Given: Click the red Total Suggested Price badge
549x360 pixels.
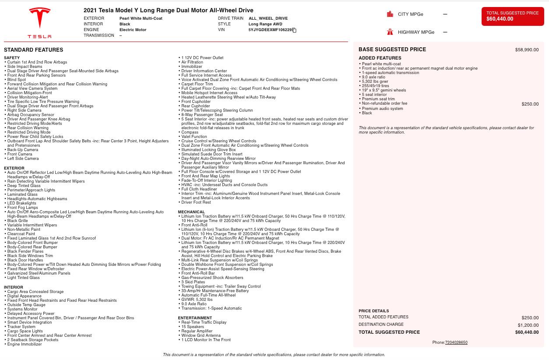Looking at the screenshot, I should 512,16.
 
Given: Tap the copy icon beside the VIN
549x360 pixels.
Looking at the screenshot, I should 295,30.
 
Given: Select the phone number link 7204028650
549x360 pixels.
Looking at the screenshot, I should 456,342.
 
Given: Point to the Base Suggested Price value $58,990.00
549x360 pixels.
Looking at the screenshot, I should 527,50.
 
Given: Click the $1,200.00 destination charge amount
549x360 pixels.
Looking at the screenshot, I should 528,325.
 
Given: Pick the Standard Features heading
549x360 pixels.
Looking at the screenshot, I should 33,50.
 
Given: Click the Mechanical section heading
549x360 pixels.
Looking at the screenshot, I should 191,212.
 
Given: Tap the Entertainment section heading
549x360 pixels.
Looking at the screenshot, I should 195,318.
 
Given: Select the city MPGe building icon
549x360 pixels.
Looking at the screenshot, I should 390,14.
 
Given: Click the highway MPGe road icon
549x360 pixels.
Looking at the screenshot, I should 390,32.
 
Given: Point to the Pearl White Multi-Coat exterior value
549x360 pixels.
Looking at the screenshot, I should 141,18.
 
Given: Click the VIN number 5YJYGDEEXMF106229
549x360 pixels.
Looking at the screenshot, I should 270,30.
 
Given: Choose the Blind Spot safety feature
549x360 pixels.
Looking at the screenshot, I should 17,80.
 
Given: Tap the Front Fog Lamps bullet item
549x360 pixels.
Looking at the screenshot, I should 22,208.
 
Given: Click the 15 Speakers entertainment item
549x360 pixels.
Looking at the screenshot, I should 193,327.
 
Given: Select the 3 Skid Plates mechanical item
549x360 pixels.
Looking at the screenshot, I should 193,282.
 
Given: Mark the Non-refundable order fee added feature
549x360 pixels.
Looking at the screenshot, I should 384,103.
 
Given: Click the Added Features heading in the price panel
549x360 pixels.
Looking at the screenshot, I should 380,58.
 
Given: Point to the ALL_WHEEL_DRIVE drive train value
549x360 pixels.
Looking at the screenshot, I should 268,18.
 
